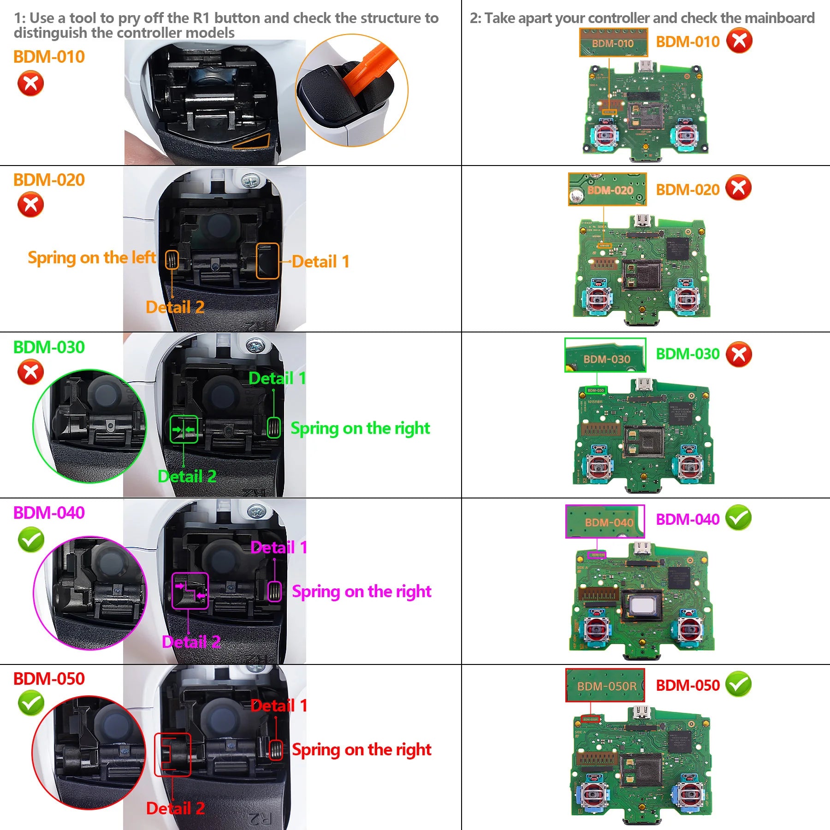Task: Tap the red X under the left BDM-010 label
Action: coord(30,83)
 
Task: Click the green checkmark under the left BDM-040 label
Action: coord(31,539)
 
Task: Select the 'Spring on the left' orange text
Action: coord(92,257)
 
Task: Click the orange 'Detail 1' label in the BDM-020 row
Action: coord(320,261)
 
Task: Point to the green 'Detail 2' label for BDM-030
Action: coord(187,476)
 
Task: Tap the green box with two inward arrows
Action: coord(184,429)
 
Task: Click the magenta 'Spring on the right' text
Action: coord(362,591)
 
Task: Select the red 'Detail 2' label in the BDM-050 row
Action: coord(175,808)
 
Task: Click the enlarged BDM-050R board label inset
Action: coord(605,685)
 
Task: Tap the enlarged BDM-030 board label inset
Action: coord(605,355)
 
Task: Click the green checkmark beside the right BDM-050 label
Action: coord(738,684)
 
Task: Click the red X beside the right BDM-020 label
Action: coord(738,188)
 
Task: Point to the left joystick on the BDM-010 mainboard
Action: coord(604,133)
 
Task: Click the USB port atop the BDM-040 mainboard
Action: coord(641,548)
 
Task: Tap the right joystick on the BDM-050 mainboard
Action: coord(689,794)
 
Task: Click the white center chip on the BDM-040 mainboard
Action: coord(642,605)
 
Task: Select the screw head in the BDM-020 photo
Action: coord(250,180)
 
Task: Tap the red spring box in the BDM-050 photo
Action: coord(276,750)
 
